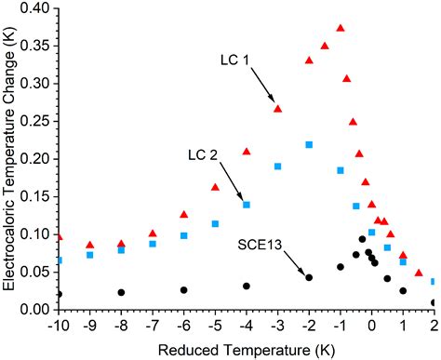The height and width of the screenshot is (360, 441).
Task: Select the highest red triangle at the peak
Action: click(340, 29)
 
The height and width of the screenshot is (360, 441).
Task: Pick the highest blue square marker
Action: click(309, 144)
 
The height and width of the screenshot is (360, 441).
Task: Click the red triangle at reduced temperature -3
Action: click(277, 109)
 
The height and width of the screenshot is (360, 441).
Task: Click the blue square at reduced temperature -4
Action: click(247, 204)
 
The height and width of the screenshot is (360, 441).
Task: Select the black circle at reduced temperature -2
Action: click(309, 277)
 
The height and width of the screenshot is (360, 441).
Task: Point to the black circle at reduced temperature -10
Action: click(60, 294)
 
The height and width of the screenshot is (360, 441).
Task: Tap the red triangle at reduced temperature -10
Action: click(60, 238)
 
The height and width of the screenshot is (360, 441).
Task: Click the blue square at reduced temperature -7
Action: click(153, 244)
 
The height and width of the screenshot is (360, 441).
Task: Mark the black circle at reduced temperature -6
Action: click(184, 290)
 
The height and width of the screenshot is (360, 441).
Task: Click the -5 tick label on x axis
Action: click(214, 325)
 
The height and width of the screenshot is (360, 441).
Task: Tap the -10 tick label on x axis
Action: click(59, 325)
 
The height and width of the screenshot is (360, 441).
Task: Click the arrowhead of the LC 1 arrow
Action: click(274, 102)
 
